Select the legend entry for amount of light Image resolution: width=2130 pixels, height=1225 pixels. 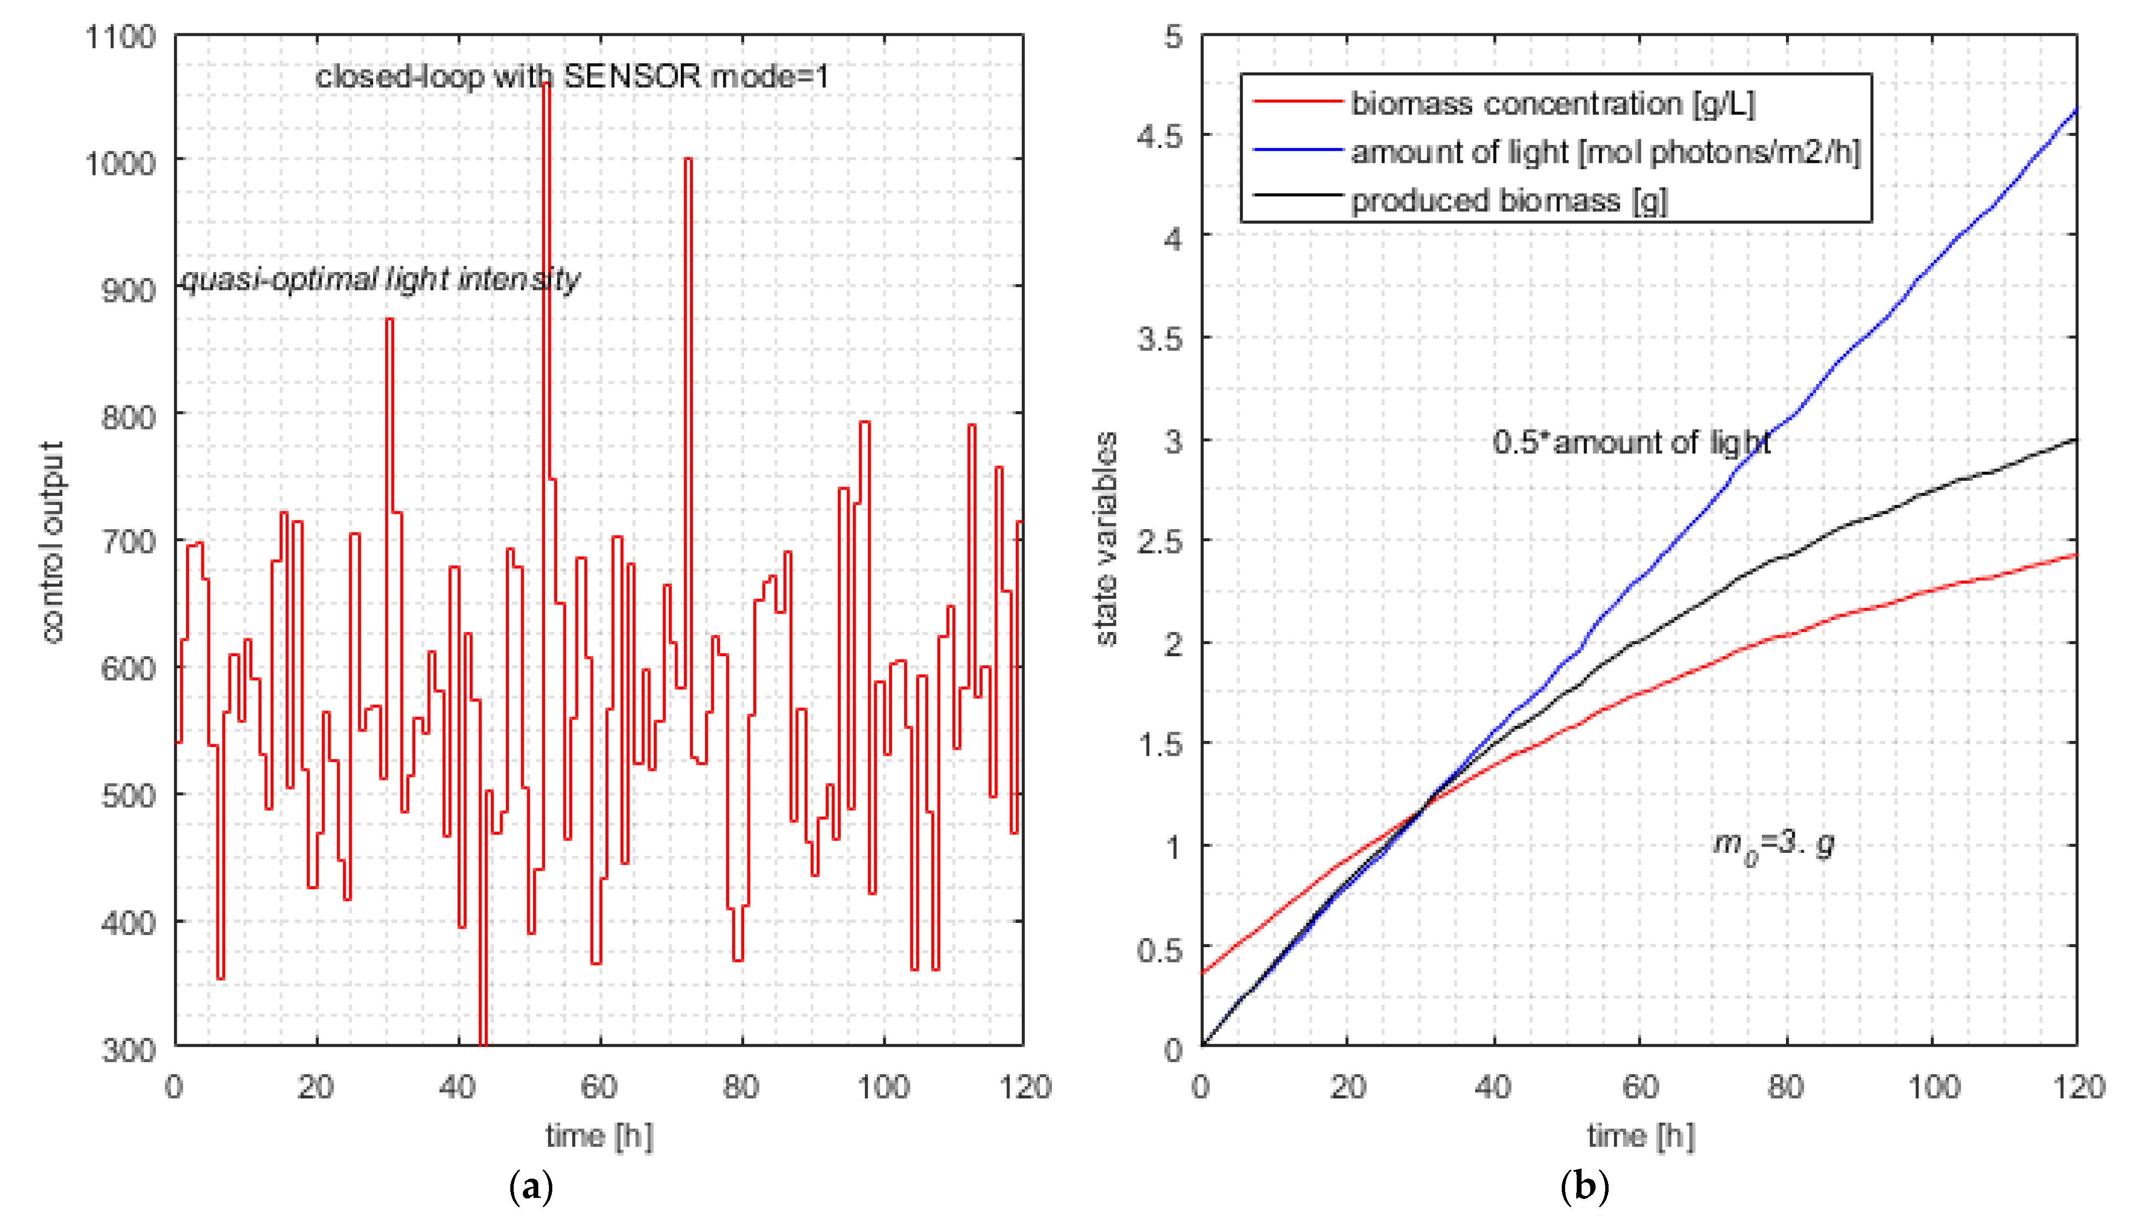[x=1605, y=152]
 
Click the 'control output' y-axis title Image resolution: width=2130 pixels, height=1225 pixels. [x=52, y=543]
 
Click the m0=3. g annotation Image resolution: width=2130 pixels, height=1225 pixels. [x=1773, y=844]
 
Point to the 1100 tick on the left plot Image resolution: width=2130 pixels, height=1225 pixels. [x=120, y=37]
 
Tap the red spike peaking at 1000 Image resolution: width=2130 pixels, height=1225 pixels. [x=688, y=160]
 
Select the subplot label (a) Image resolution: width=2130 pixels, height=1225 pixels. [x=532, y=1187]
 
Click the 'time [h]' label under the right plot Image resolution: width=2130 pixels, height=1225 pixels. [x=1641, y=1137]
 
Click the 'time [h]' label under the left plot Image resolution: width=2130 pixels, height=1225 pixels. [x=599, y=1137]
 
